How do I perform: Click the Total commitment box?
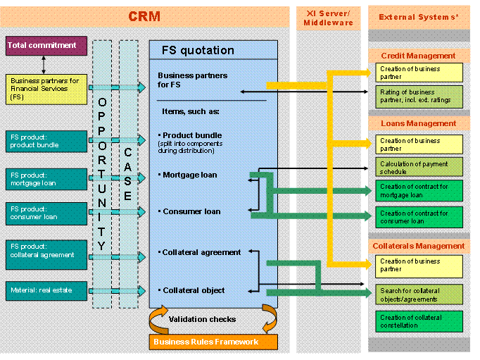coord(46,46)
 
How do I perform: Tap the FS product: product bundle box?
coord(46,141)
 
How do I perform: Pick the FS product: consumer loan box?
coord(46,212)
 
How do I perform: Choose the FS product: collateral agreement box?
coord(46,250)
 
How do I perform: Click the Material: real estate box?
coord(46,289)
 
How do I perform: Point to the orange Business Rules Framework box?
coord(213,342)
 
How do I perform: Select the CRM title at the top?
coord(144,16)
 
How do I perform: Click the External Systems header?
coord(418,17)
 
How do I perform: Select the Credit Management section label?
coord(418,56)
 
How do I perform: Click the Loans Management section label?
coord(418,123)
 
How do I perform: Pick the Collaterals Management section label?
coord(418,246)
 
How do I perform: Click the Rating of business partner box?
coord(419,97)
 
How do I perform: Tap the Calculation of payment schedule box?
coord(419,167)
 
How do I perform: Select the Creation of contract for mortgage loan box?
coord(419,191)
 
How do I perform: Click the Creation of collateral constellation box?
coord(419,321)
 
